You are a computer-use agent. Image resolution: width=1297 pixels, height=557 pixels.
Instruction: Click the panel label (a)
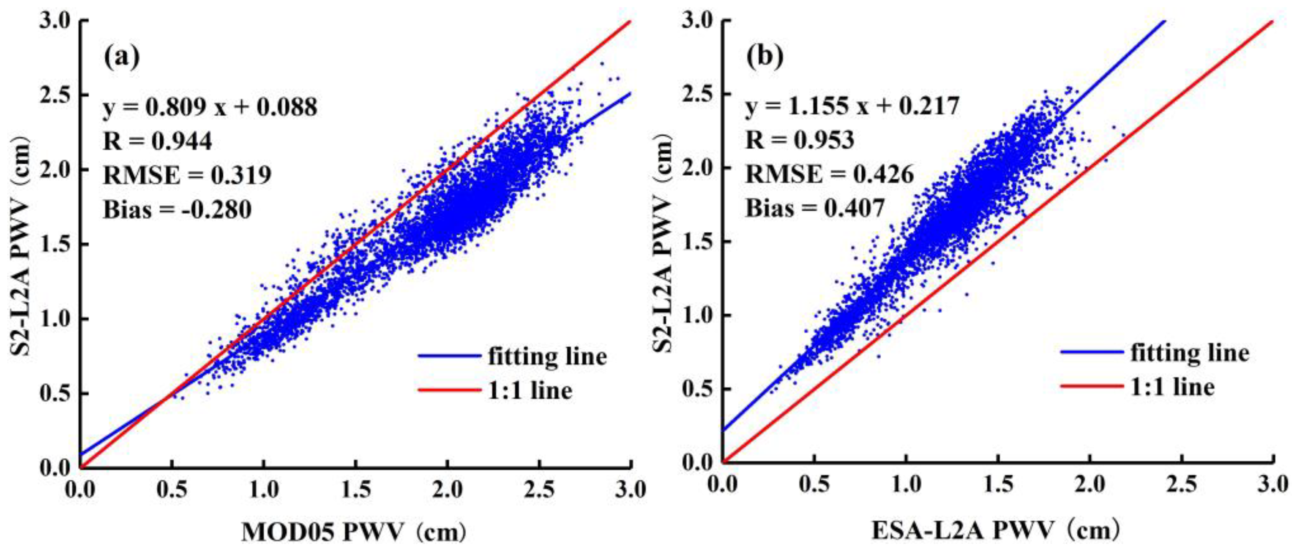point(121,58)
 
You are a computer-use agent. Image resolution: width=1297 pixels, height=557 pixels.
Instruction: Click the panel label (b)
point(765,58)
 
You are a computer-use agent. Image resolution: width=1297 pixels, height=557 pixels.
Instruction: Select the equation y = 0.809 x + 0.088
point(210,107)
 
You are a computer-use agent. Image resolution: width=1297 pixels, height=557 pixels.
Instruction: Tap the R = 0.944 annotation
point(157,141)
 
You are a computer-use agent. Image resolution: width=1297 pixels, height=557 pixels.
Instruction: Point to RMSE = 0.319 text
point(187,175)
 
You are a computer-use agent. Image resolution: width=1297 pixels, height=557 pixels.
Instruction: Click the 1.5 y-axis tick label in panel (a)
point(55,245)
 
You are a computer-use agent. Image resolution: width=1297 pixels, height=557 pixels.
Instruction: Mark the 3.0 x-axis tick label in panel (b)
point(1273,484)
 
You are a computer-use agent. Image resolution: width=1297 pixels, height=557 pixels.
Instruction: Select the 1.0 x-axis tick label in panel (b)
point(906,484)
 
